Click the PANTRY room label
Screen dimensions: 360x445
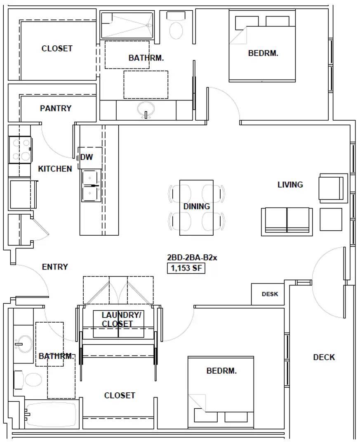click(x=56, y=108)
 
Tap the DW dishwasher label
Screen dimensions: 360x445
click(x=86, y=157)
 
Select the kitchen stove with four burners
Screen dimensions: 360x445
click(x=20, y=150)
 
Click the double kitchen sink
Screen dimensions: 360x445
click(x=91, y=185)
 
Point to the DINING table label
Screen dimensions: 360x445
click(x=197, y=206)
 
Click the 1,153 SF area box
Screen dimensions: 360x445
click(x=186, y=268)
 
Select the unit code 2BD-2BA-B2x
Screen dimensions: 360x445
click(x=192, y=258)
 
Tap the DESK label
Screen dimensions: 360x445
click(x=270, y=294)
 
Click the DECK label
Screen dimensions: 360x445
click(x=324, y=357)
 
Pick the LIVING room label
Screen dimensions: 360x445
click(x=290, y=185)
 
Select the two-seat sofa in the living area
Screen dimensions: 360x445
click(x=287, y=222)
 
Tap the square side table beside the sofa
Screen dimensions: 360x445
click(x=331, y=219)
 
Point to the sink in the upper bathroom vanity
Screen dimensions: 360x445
click(x=146, y=110)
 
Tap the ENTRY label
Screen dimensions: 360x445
click(x=55, y=267)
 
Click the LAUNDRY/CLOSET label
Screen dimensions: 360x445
click(x=121, y=319)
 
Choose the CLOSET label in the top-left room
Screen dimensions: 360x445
click(x=57, y=49)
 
